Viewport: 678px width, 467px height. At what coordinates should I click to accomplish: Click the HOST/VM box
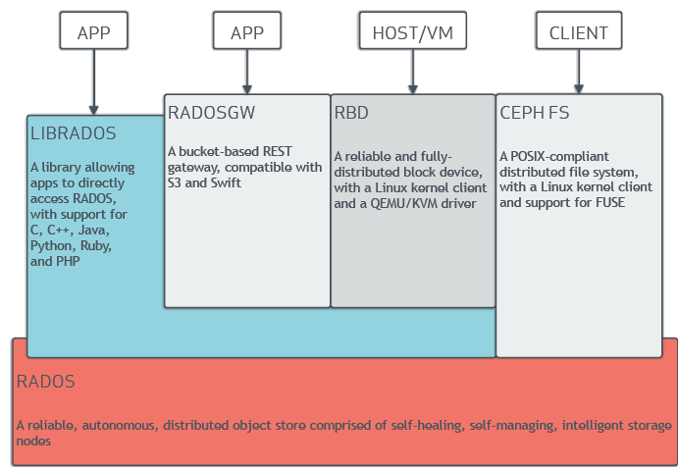pyautogui.click(x=412, y=30)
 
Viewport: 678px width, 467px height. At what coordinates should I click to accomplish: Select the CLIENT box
pyautogui.click(x=579, y=30)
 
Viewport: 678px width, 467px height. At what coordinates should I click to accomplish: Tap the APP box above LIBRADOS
pyautogui.click(x=94, y=30)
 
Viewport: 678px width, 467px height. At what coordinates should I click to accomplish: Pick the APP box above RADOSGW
pyautogui.click(x=247, y=30)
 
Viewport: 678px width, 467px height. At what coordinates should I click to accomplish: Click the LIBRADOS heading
pyautogui.click(x=73, y=133)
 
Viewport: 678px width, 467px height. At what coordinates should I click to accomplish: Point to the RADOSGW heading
pyautogui.click(x=211, y=113)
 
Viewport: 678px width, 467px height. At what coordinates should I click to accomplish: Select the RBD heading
pyautogui.click(x=351, y=113)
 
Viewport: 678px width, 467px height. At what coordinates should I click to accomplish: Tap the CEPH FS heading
pyautogui.click(x=535, y=113)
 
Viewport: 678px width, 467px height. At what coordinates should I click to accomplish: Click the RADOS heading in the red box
pyautogui.click(x=46, y=382)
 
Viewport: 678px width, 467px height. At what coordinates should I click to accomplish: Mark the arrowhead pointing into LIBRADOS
pyautogui.click(x=94, y=110)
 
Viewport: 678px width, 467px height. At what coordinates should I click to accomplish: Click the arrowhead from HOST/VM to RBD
pyautogui.click(x=412, y=89)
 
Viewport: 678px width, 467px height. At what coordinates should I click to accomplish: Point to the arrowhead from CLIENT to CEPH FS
pyautogui.click(x=579, y=88)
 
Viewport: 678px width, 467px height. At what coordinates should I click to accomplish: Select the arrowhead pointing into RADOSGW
pyautogui.click(x=247, y=89)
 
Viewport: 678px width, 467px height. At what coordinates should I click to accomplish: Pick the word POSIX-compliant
pyautogui.click(x=559, y=156)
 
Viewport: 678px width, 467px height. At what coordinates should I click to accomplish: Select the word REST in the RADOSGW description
pyautogui.click(x=277, y=151)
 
